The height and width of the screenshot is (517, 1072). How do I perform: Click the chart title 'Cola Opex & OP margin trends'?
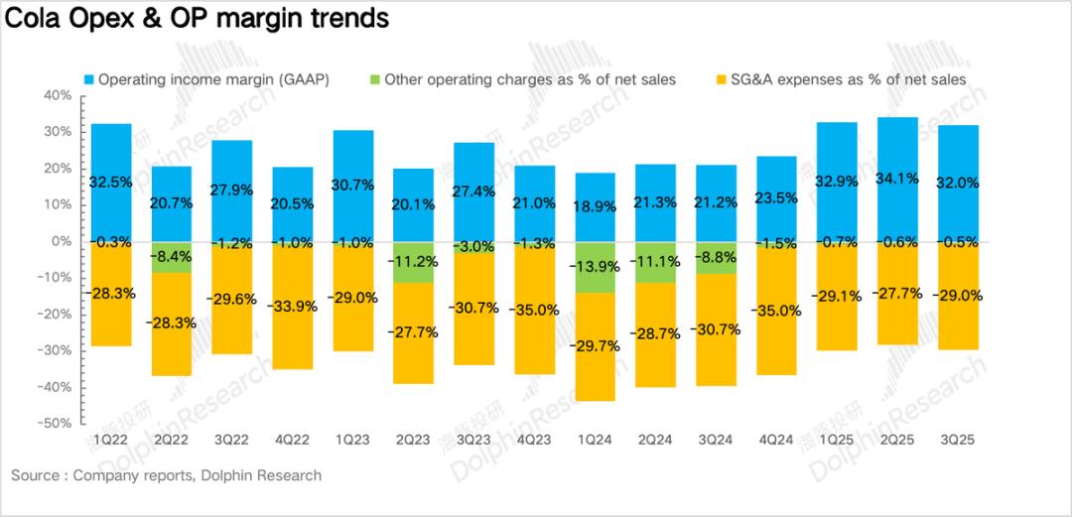197,18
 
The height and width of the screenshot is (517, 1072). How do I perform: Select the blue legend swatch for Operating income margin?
87,79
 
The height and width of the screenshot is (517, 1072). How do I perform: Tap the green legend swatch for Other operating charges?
374,79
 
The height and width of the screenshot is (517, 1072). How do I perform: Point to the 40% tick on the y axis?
58,95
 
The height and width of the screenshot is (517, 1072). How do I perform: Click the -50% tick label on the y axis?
56,423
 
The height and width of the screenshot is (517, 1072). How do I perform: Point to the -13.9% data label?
595,267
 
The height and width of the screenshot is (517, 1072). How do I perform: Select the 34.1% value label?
897,180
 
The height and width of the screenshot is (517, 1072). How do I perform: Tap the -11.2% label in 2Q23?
413,263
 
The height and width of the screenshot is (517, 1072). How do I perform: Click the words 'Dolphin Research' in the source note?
261,475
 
